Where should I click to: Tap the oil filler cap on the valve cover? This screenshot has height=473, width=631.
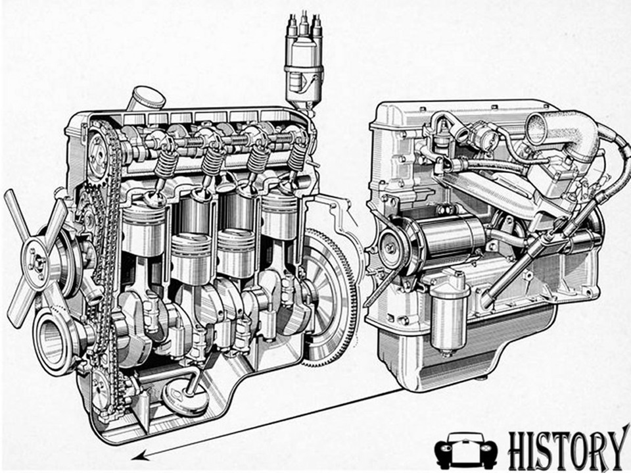tap(147, 98)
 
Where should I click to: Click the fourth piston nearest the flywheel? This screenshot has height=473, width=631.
tap(280, 216)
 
